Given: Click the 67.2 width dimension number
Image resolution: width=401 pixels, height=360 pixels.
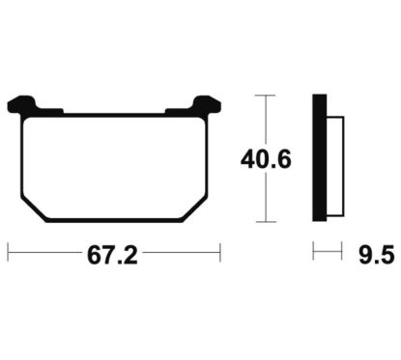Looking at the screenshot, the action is [112, 256].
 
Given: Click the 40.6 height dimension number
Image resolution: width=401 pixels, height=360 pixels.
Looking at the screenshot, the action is [266, 159].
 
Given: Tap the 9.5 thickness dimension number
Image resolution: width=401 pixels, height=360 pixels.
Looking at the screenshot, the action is [376, 255].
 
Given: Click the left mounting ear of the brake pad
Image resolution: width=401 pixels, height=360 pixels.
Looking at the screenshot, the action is [21, 104].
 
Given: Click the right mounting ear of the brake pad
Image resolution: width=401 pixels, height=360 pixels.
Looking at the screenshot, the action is [208, 104].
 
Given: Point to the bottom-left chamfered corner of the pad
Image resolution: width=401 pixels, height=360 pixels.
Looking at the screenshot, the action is [33, 208].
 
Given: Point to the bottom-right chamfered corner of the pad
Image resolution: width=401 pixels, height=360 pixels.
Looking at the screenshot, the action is [195, 208].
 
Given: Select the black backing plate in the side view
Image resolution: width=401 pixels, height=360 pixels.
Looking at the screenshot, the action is [320, 157].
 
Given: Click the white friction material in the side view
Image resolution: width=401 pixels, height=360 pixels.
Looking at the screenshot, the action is [335, 166].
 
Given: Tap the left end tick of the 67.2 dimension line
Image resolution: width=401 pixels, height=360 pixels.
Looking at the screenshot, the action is [8, 253].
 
